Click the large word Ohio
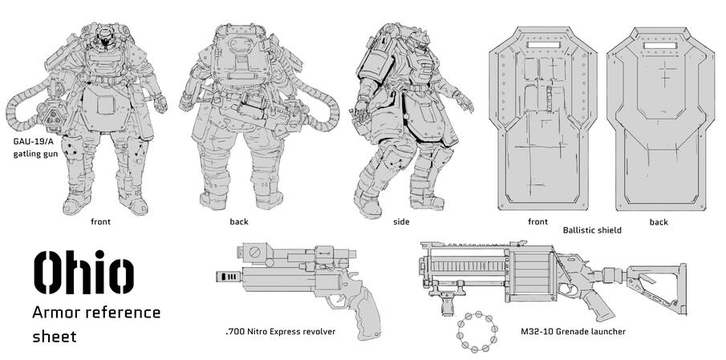click(83, 273)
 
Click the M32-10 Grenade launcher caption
click(574, 331)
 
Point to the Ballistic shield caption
click(592, 230)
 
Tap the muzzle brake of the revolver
click(228, 276)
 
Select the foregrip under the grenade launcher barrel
click(441, 305)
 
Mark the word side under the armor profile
click(401, 222)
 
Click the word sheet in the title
click(55, 337)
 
